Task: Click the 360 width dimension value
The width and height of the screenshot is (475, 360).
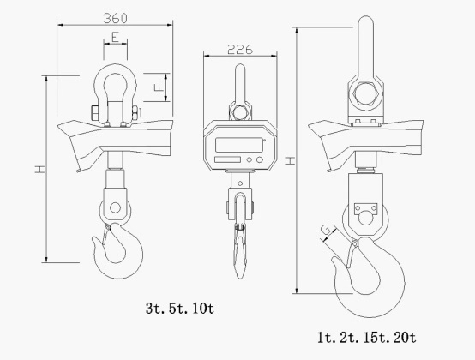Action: point(115,19)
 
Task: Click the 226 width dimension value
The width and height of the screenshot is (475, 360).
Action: point(240,50)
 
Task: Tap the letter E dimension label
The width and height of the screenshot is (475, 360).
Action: point(115,38)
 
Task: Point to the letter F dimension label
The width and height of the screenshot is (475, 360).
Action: point(159,87)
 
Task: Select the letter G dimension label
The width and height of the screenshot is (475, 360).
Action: point(326,231)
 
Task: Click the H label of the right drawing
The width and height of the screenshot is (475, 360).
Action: point(290,160)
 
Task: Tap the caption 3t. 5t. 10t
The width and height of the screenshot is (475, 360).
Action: point(180,309)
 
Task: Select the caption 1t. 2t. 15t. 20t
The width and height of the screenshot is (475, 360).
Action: point(367,338)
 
